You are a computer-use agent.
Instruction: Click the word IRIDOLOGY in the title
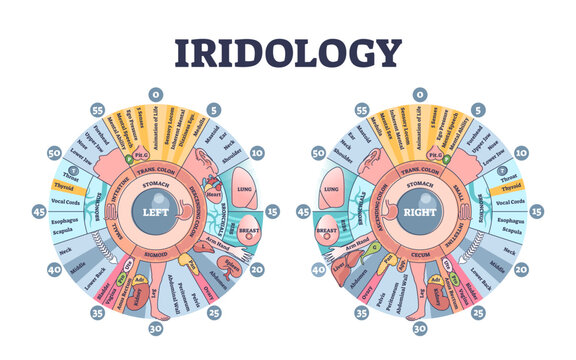pos(287,52)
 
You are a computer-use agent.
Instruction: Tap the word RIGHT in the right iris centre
pos(415,213)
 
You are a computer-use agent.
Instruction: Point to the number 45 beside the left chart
pos(39,213)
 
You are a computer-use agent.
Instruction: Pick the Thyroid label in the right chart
pos(512,187)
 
